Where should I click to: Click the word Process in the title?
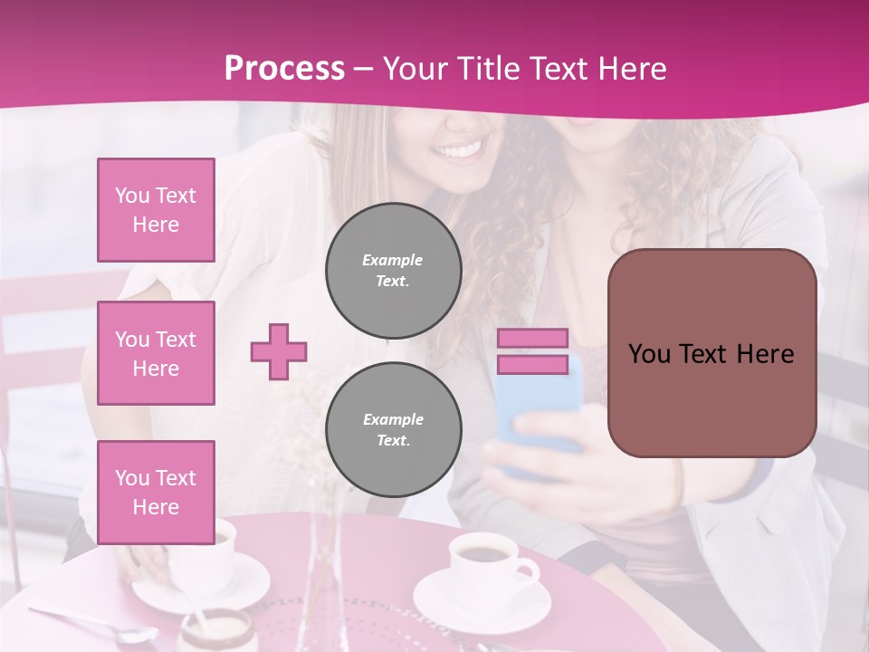point(284,69)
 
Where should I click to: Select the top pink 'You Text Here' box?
point(156,210)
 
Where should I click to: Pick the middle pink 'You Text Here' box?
point(156,353)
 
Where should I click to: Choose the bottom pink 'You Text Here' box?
point(156,493)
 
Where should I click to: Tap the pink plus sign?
point(279,351)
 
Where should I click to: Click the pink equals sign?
point(532,351)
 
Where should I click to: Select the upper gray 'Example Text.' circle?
point(394,271)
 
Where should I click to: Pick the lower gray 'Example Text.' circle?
point(394,430)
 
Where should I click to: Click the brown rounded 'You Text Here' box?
point(711,353)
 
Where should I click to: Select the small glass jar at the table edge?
point(217,631)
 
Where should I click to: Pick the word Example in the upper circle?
point(392,260)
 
